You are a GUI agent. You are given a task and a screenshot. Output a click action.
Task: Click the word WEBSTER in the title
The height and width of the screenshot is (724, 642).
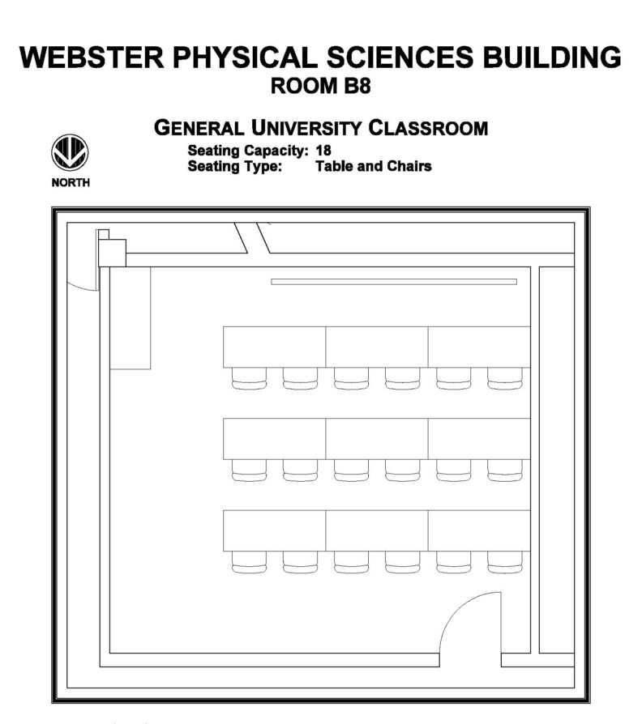point(92,57)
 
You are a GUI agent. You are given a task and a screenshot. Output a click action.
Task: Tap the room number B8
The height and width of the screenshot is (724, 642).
point(357,87)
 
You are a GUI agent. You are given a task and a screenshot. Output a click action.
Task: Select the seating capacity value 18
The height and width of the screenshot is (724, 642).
point(323,151)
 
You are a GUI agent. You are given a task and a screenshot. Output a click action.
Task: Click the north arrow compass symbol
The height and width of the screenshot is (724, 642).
point(70,152)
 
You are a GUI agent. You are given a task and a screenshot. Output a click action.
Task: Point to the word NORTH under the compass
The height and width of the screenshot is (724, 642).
point(71,182)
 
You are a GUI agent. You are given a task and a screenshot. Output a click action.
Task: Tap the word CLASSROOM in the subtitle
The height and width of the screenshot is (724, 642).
point(428,128)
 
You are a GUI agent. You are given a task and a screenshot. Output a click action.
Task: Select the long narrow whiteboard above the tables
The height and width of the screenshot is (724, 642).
point(394,282)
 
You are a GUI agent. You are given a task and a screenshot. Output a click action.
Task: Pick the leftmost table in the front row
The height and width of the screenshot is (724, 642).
point(275,347)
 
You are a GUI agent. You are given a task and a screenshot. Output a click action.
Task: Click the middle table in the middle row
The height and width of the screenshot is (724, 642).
point(377,439)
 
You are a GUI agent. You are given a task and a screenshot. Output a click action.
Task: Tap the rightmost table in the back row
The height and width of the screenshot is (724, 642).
point(479,530)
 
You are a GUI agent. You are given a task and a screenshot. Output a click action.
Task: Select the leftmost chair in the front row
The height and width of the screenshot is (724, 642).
point(249,379)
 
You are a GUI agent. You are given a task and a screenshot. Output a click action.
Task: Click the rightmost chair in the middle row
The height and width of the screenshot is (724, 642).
point(505,471)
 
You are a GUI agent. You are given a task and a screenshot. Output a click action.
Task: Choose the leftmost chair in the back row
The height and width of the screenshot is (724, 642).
point(249,562)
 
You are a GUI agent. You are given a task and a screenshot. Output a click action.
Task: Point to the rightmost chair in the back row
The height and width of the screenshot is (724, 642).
point(505,562)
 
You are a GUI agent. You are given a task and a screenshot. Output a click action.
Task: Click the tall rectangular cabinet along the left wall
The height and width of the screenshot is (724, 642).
point(130,318)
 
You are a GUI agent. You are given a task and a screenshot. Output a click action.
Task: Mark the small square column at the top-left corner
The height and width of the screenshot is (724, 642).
point(113,253)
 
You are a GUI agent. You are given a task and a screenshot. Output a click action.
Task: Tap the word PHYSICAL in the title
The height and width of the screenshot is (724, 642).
point(245,57)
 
